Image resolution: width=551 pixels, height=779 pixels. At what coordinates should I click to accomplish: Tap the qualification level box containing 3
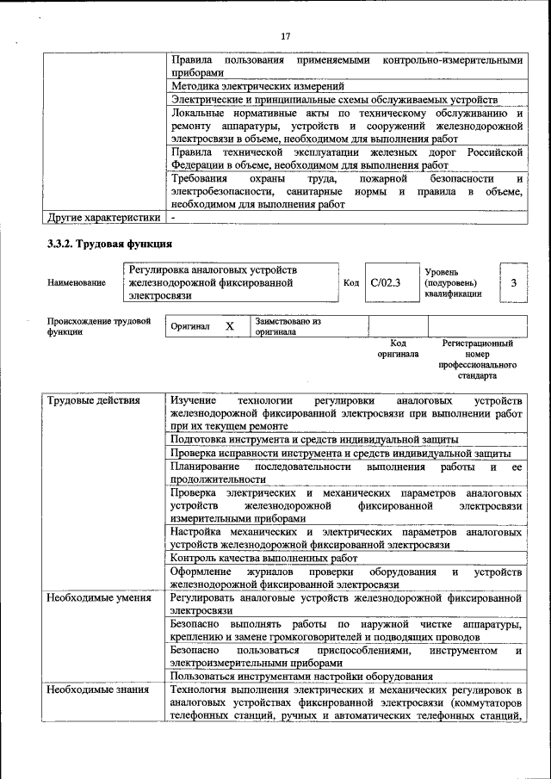tap(513, 282)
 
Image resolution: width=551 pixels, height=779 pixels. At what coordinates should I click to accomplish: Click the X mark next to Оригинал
tap(230, 327)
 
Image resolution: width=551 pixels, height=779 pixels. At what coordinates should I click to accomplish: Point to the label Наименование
tap(77, 282)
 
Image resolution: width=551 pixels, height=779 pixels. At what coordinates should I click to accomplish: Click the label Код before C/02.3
tap(351, 282)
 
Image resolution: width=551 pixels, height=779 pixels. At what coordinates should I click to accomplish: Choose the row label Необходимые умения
tap(99, 597)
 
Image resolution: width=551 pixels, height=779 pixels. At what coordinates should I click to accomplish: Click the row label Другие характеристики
tap(103, 218)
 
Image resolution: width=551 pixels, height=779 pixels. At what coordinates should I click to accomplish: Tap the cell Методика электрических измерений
tap(257, 86)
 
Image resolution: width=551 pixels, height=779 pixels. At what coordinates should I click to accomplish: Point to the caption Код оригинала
tap(398, 348)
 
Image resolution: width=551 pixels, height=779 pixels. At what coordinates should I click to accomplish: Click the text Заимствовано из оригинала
tap(288, 326)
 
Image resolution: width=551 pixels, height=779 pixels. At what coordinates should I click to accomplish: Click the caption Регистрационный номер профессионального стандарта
tap(477, 359)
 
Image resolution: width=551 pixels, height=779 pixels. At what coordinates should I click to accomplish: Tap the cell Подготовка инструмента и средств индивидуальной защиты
tap(314, 439)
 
